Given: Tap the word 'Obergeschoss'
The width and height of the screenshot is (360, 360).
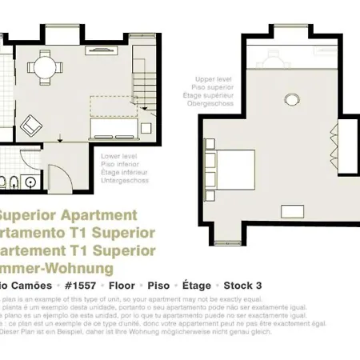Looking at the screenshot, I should pos(210,103).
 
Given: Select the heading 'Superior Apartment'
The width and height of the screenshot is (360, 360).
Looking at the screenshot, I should pos(67,215).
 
